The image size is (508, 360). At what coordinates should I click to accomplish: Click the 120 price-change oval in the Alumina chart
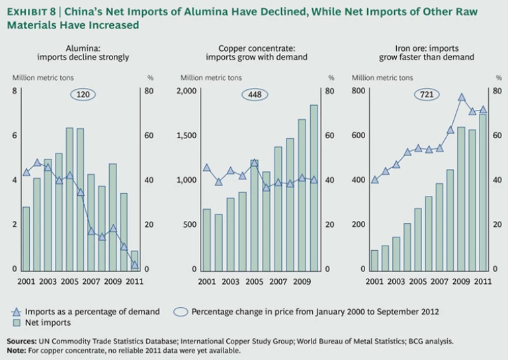point(83,95)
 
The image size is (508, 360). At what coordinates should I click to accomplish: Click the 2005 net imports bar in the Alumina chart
point(69,199)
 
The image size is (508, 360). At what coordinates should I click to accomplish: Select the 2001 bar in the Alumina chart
point(26,238)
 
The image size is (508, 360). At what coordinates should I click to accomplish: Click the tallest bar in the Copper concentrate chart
point(314,187)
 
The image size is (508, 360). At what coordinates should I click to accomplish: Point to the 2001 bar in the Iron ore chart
point(374,260)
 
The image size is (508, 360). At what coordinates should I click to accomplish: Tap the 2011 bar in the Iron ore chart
point(483,192)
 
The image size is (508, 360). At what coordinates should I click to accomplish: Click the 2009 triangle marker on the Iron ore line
point(462,97)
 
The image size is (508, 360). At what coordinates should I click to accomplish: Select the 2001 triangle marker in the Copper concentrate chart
point(206,168)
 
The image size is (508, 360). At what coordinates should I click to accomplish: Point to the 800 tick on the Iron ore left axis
point(359,91)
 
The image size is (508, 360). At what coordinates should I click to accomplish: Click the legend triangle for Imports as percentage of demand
point(17,312)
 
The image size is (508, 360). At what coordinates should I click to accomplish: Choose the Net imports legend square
point(17,323)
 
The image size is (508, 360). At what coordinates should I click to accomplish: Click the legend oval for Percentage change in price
point(180,311)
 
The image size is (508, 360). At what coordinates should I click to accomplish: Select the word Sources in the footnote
point(21,341)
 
